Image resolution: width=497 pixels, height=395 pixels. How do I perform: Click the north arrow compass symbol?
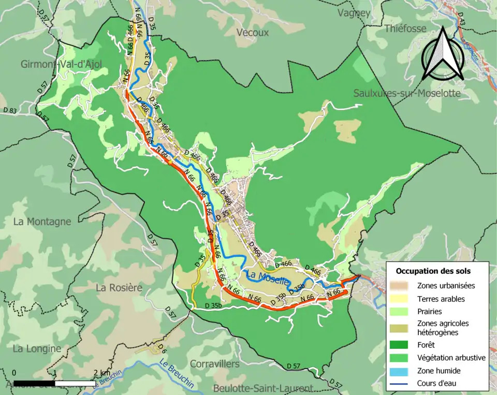coord(442,54)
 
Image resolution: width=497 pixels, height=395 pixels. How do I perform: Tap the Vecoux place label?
coord(252,32)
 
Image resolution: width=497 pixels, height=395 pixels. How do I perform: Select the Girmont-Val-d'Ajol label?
coord(61,64)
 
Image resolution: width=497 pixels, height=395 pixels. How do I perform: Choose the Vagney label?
coord(354,13)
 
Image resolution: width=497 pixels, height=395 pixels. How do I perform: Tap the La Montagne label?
coord(42,222)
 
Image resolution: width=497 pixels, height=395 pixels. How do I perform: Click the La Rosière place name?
coord(119,287)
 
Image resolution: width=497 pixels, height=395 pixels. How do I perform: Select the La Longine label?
coord(37,348)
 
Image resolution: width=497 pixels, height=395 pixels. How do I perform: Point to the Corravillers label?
coord(214,364)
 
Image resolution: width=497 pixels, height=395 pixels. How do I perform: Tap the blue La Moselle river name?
coord(267,277)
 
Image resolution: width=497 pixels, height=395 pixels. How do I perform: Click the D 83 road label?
coord(9,110)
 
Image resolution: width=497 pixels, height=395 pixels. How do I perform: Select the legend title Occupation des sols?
coord(433,271)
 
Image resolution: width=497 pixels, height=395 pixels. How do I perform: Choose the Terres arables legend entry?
coord(441,299)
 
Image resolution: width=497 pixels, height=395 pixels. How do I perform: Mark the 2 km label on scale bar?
coord(101,373)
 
